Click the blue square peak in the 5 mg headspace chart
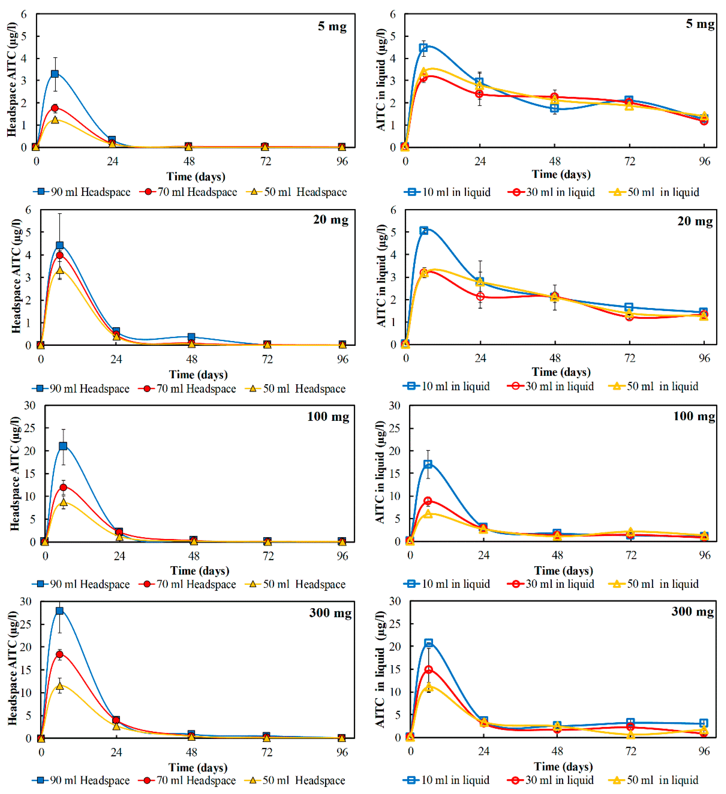coord(55,74)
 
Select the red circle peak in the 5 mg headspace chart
coord(55,108)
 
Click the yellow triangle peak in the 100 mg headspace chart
coord(63,502)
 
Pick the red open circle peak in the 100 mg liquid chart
coord(428,501)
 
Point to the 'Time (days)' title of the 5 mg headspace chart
coord(196,176)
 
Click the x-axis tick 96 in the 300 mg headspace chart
coord(342,753)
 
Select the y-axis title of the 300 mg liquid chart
coord(380,669)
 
